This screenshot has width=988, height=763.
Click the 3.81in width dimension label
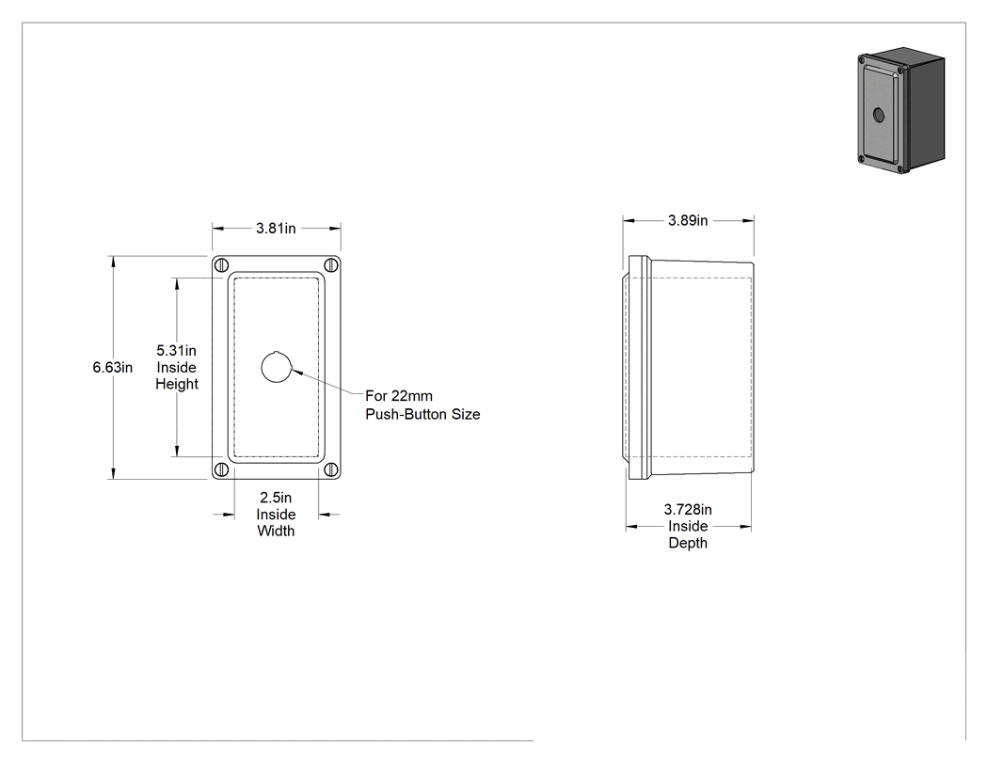(276, 228)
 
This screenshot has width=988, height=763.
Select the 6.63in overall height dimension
(113, 367)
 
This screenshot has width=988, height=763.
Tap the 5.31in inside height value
(177, 350)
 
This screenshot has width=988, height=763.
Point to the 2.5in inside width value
(276, 498)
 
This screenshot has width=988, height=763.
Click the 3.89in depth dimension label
(688, 220)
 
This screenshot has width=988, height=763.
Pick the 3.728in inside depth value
(688, 509)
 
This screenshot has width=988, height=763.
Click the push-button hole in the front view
(277, 367)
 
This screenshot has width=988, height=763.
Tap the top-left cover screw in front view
(221, 265)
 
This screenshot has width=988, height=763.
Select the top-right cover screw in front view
(331, 265)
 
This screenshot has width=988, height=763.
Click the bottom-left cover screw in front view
(221, 469)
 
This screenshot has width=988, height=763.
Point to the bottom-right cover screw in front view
(331, 469)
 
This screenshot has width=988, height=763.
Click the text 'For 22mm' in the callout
(399, 396)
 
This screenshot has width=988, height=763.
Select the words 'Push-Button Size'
(422, 415)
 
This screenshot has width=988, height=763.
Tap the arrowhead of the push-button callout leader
(297, 372)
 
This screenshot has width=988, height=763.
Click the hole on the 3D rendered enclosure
(879, 115)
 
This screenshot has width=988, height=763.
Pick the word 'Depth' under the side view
(688, 543)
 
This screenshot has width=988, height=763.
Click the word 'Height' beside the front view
(177, 384)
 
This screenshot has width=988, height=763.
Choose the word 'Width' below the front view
(276, 532)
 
